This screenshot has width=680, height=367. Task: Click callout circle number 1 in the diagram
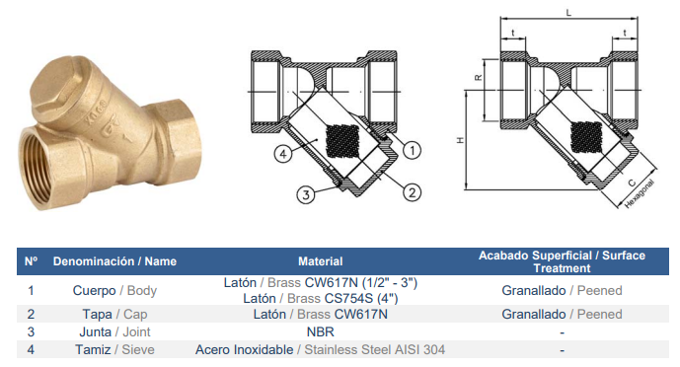(412, 150)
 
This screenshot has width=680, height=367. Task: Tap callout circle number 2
(412, 192)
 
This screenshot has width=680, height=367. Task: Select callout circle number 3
(306, 194)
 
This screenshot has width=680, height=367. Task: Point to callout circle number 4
(282, 153)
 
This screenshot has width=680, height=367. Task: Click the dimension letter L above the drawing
(569, 13)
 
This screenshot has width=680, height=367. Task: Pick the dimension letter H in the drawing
(460, 140)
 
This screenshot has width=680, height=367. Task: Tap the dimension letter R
(478, 78)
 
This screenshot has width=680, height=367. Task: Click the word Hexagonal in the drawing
(640, 194)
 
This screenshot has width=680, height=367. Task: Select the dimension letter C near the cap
(632, 183)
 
